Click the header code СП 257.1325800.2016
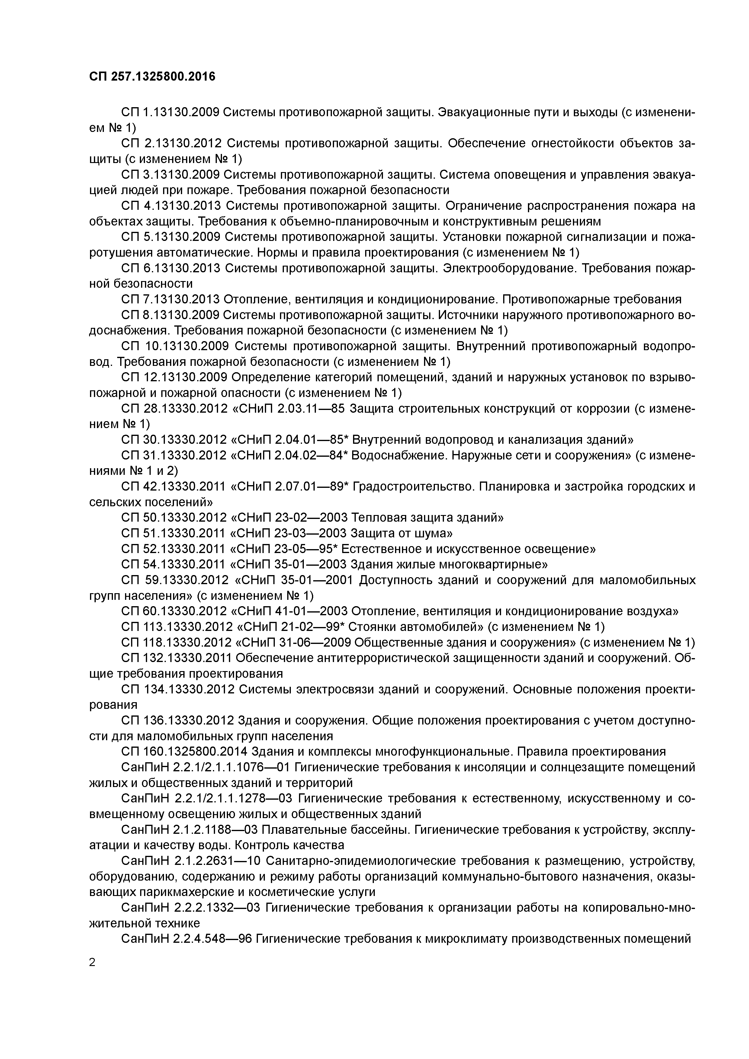(x=152, y=77)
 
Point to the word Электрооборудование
(x=510, y=268)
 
